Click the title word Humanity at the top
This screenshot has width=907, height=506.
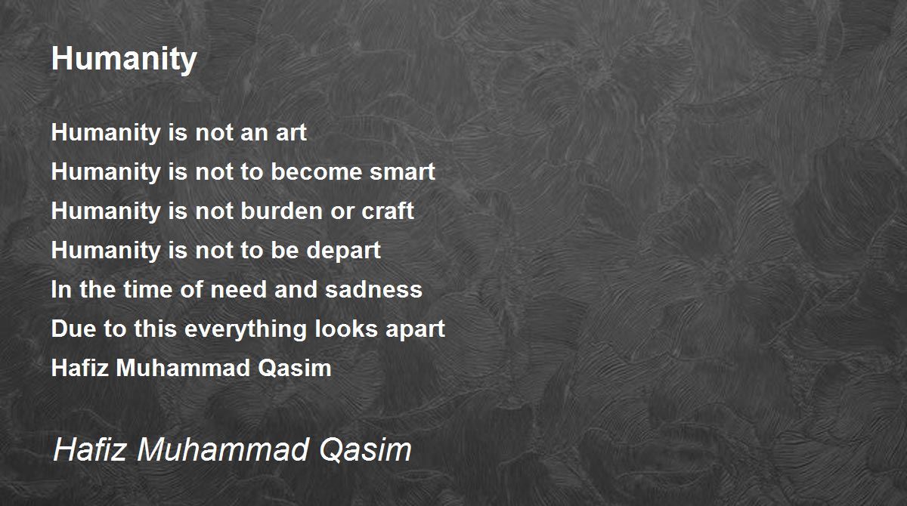[124, 60]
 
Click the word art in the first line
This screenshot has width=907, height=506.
[291, 133]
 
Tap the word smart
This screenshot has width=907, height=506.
[402, 172]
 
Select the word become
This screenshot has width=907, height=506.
[316, 171]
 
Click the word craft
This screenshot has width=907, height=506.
[388, 211]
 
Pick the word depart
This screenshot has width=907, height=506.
[343, 251]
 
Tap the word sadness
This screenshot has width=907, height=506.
[373, 289]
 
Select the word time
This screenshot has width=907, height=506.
[148, 289]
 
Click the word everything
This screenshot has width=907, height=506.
[246, 329]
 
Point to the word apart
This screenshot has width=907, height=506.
[415, 329]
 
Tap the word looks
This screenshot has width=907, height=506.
[346, 329]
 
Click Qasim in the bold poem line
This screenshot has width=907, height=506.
[294, 369]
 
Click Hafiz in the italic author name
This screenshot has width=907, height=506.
[90, 450]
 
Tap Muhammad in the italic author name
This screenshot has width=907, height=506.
[223, 450]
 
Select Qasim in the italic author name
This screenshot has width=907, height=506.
[365, 450]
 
